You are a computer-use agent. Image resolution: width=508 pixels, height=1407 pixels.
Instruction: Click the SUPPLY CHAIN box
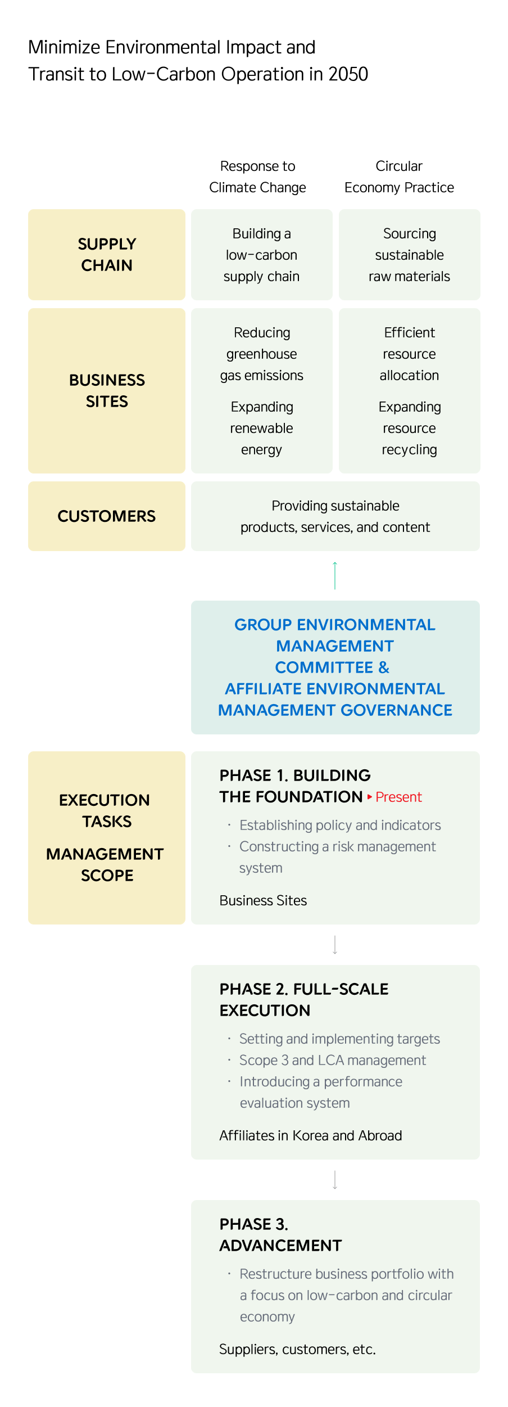pyautogui.click(x=107, y=255)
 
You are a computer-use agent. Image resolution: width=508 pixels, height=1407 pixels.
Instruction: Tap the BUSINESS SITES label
pyautogui.click(x=107, y=391)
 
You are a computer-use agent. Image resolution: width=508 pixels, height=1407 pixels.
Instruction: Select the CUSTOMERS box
pyautogui.click(x=107, y=516)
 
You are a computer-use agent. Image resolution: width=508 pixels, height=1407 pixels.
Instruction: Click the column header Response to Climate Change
pyautogui.click(x=257, y=177)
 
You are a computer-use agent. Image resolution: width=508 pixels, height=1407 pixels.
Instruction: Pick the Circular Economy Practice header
pyautogui.click(x=399, y=177)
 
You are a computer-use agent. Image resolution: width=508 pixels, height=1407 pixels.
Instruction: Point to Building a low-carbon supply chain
pyautogui.click(x=261, y=255)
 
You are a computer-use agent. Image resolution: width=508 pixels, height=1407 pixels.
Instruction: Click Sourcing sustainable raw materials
pyautogui.click(x=409, y=255)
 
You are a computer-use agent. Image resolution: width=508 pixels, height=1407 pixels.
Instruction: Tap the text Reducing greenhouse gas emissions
pyautogui.click(x=261, y=354)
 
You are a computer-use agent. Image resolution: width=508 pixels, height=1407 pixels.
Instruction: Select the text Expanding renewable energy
pyautogui.click(x=261, y=428)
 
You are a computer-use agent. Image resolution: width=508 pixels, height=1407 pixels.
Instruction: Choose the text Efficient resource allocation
pyautogui.click(x=409, y=354)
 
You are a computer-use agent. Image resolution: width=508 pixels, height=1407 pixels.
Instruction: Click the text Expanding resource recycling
pyautogui.click(x=409, y=428)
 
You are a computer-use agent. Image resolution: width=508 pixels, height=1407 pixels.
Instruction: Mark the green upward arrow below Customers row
pyautogui.click(x=335, y=575)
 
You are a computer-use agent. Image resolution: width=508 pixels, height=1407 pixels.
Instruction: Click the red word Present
pyautogui.click(x=398, y=797)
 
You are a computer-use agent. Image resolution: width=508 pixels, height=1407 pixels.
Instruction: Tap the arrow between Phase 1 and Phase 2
pyautogui.click(x=335, y=945)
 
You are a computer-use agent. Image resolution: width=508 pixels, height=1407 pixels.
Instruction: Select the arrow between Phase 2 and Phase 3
pyautogui.click(x=335, y=1180)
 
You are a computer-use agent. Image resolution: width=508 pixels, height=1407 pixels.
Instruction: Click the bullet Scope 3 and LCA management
pyautogui.click(x=332, y=1060)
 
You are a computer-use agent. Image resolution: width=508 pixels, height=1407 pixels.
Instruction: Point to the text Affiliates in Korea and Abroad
pyautogui.click(x=311, y=1135)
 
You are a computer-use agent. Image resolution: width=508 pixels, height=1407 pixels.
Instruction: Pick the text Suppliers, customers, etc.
pyautogui.click(x=297, y=1349)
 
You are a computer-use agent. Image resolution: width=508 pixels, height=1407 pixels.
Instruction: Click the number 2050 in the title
pyautogui.click(x=348, y=74)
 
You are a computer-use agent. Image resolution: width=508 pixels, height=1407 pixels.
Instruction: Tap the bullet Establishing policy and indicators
pyautogui.click(x=340, y=825)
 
